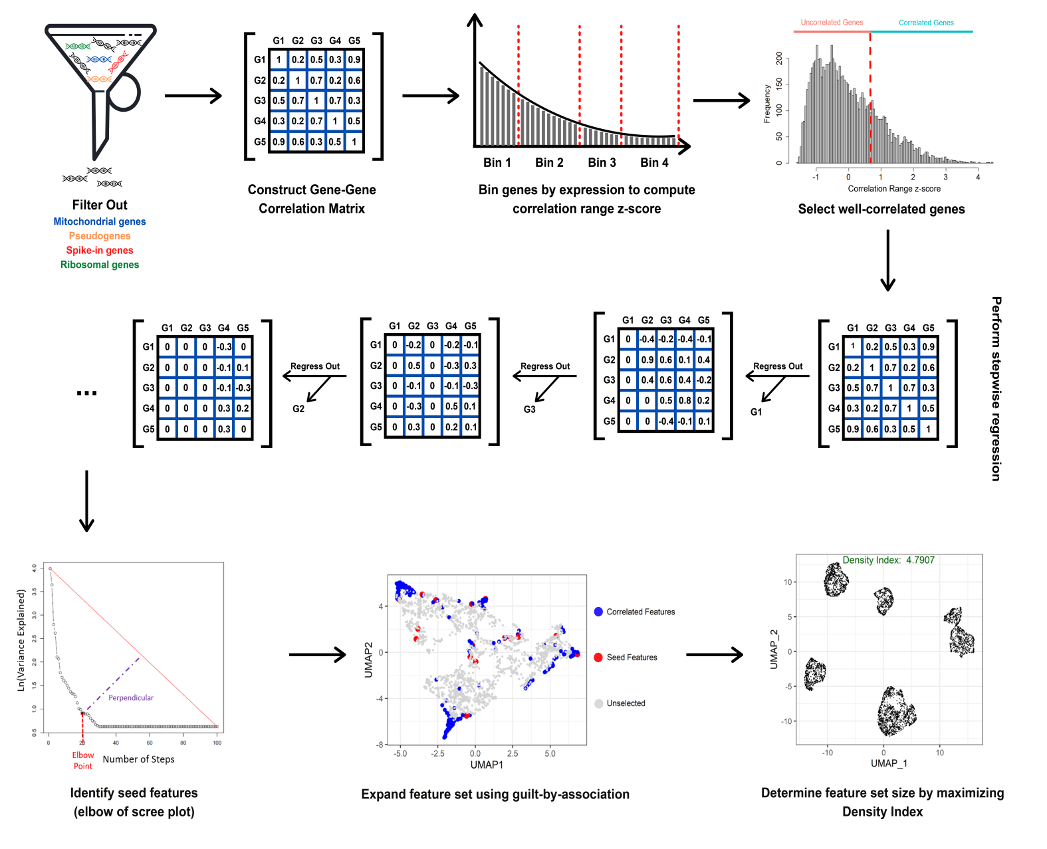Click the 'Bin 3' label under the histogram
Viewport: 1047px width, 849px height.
(x=602, y=163)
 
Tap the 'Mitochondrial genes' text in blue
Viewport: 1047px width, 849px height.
(x=100, y=221)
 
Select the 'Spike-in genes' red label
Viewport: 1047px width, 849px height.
(x=100, y=250)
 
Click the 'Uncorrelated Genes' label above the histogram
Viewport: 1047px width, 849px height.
(x=832, y=23)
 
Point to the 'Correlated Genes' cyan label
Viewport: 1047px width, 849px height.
(x=926, y=23)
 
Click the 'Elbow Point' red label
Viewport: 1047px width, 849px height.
(x=83, y=761)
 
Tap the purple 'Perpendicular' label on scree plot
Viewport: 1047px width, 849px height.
(x=130, y=697)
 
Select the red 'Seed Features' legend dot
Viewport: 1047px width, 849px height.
(x=598, y=658)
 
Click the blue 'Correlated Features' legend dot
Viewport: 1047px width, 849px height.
(x=598, y=612)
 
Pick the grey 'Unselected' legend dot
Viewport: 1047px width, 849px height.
(x=598, y=703)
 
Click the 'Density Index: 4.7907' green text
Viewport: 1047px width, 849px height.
(x=888, y=560)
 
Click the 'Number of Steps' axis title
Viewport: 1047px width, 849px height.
(x=138, y=759)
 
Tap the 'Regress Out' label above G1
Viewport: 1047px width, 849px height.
(x=778, y=366)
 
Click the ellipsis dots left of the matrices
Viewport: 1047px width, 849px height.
(x=87, y=393)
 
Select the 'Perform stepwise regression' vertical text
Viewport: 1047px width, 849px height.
(x=996, y=388)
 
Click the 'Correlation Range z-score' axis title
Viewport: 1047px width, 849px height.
(x=894, y=189)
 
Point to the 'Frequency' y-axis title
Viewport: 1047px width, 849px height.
(x=767, y=104)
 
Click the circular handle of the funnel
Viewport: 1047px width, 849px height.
(x=124, y=91)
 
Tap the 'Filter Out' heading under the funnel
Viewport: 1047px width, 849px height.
(x=100, y=205)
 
